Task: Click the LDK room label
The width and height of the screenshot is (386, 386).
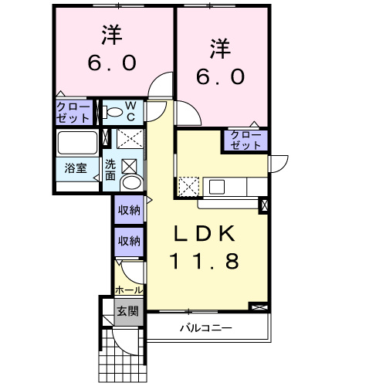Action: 205,233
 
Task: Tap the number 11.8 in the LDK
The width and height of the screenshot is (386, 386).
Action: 205,260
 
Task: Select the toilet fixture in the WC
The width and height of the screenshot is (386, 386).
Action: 112,112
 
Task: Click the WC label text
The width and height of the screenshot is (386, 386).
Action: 131,111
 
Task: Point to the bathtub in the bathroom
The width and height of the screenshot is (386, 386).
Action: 77,143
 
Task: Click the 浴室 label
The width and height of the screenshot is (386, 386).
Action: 76,168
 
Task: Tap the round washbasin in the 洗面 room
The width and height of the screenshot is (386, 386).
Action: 132,182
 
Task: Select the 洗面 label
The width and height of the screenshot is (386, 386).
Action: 110,170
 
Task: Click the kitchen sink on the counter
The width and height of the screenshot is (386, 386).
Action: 217,187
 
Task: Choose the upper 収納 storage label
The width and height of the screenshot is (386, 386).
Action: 129,210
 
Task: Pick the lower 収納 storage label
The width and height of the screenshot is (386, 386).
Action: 129,241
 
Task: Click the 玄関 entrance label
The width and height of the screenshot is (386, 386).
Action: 128,311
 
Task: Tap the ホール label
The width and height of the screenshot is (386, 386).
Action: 129,290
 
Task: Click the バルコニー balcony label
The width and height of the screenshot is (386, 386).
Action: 206,328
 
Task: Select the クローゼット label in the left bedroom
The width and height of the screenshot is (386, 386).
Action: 73,113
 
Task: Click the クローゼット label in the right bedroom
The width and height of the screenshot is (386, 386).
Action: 245,141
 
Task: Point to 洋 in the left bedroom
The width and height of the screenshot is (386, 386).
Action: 112,35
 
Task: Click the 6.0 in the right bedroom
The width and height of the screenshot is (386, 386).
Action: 220,76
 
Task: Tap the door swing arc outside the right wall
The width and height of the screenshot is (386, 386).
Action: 284,166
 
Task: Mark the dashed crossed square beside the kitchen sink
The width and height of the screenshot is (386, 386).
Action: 189,187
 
